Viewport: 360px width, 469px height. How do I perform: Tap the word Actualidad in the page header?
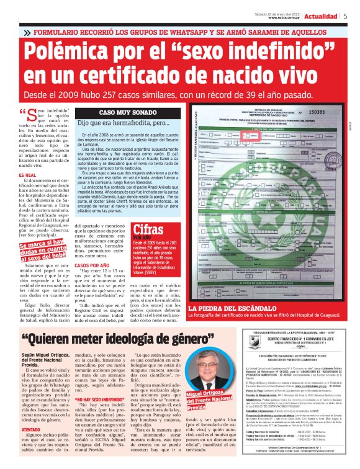point(321,16)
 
